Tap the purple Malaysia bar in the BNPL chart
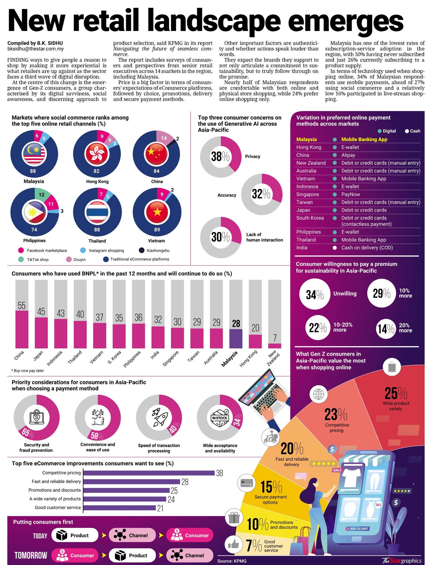click(236, 339)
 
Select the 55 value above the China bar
click(22, 305)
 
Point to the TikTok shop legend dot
click(21, 259)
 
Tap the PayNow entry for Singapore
click(351, 194)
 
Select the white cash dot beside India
click(335, 248)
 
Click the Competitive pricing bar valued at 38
click(149, 473)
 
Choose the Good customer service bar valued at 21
click(119, 508)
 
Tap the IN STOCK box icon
click(220, 418)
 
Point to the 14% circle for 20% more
click(386, 328)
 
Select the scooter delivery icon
click(270, 437)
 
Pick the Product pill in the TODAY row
click(75, 535)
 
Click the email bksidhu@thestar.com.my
click(36, 49)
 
